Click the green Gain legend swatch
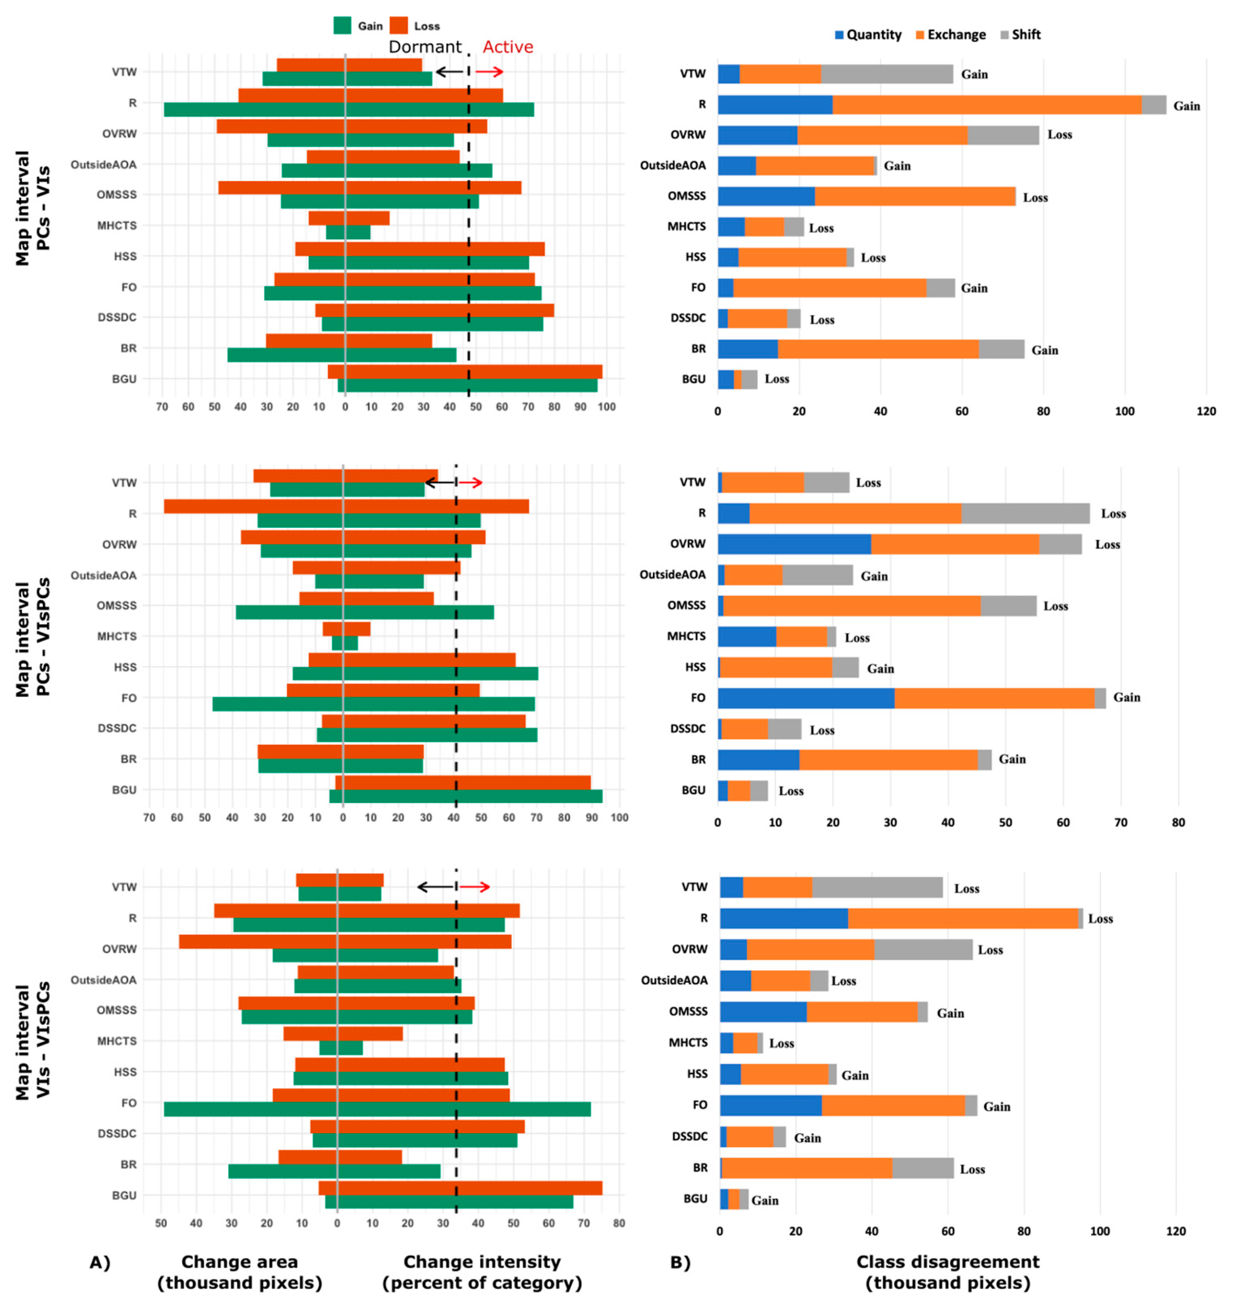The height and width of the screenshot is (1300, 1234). [x=342, y=25]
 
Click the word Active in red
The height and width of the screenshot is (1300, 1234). [x=508, y=47]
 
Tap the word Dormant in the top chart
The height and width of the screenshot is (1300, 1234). [x=425, y=47]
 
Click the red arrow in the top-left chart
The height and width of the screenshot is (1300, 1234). [x=489, y=72]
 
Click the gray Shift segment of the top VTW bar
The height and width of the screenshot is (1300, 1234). [x=887, y=74]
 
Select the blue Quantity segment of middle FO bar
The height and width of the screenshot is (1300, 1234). [x=806, y=698]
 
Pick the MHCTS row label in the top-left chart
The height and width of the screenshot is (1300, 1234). [x=117, y=225]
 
